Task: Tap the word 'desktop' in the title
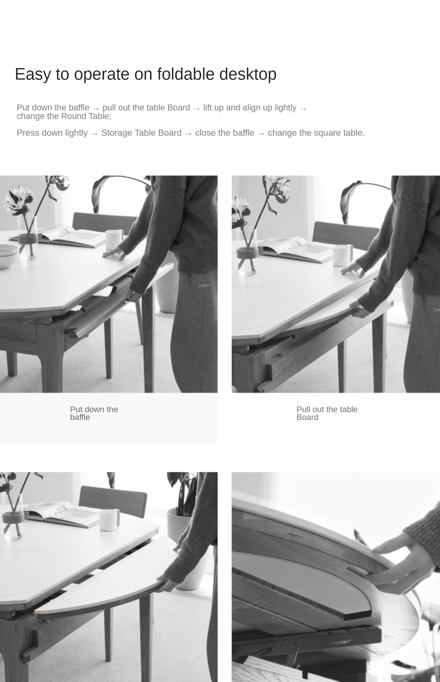[x=248, y=74]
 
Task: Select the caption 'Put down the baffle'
[x=94, y=413]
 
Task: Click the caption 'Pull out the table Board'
[x=327, y=413]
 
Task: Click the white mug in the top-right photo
[x=343, y=255]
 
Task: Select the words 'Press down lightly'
[x=52, y=133]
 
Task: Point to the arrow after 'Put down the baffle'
[x=96, y=109]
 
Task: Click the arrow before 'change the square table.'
[x=261, y=134]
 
